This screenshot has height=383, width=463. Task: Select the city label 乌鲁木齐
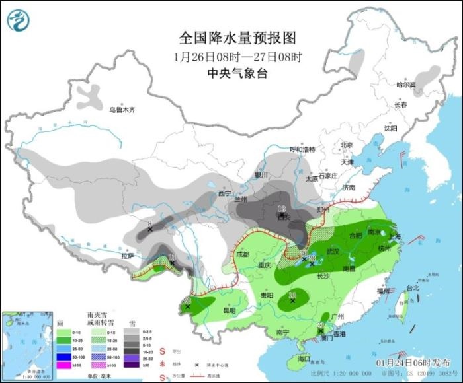122,109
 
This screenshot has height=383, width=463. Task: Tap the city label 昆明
229,310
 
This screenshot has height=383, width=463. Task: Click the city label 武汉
333,252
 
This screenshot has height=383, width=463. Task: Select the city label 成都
242,254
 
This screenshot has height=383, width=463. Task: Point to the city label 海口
304,359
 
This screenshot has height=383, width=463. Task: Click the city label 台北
413,288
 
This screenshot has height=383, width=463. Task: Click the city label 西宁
226,193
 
